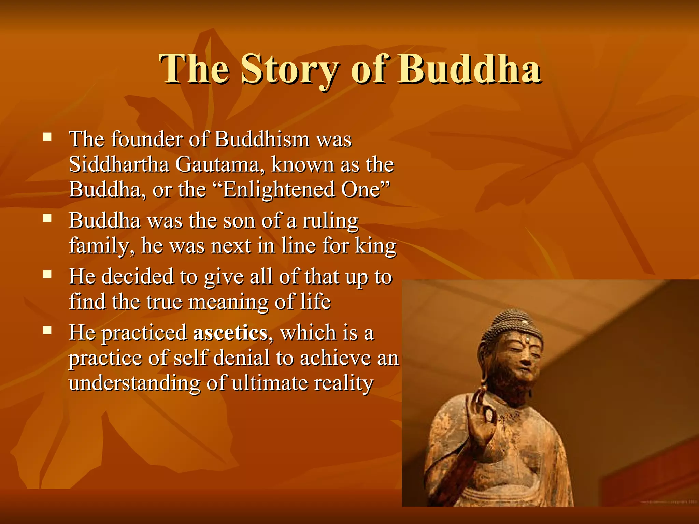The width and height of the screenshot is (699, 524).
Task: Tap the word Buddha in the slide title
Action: tap(469, 69)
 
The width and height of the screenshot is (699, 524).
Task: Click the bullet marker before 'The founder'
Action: tap(47, 137)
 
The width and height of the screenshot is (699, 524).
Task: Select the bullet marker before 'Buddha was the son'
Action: tap(47, 218)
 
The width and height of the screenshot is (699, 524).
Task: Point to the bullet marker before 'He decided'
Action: tap(47, 274)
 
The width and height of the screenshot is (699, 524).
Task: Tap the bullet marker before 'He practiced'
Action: tap(47, 330)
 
